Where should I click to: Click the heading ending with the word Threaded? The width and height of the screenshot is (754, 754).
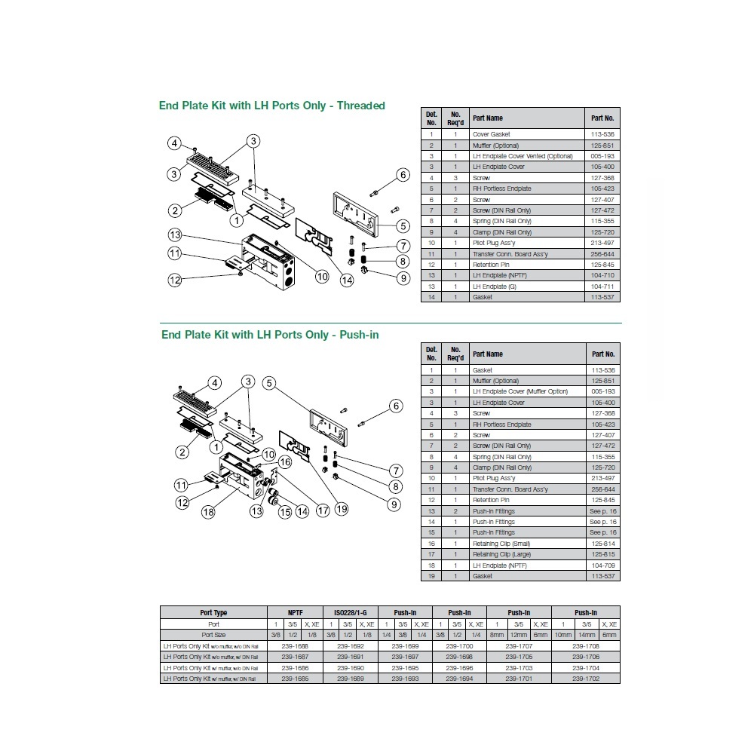tap(271, 106)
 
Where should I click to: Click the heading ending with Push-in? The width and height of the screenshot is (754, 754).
tap(269, 334)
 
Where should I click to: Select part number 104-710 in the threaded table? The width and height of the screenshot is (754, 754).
tap(602, 275)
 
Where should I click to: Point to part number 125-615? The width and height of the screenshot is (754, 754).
tap(602, 554)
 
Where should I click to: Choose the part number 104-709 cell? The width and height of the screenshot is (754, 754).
tap(602, 565)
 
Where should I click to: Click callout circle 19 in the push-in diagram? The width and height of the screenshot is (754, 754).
tap(342, 510)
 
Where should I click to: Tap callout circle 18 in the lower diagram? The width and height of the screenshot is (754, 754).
tap(208, 513)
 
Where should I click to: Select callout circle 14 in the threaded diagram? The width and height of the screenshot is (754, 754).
tap(347, 281)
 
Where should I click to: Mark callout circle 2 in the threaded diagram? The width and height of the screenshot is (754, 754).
tap(174, 210)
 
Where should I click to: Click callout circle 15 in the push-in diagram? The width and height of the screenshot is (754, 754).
tap(284, 513)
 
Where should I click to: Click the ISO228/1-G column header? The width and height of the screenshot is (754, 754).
tap(350, 613)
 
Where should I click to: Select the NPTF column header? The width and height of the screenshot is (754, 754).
tap(295, 613)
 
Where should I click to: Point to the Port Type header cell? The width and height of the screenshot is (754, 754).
tap(213, 613)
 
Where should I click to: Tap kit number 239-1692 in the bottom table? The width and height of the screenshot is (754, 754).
tap(350, 646)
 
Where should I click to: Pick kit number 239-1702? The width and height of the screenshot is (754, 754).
tap(586, 679)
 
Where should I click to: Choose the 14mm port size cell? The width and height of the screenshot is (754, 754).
tap(586, 635)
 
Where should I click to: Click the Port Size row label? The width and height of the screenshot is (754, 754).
tap(213, 635)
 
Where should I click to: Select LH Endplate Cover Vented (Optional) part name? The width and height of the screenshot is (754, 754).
tap(523, 156)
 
